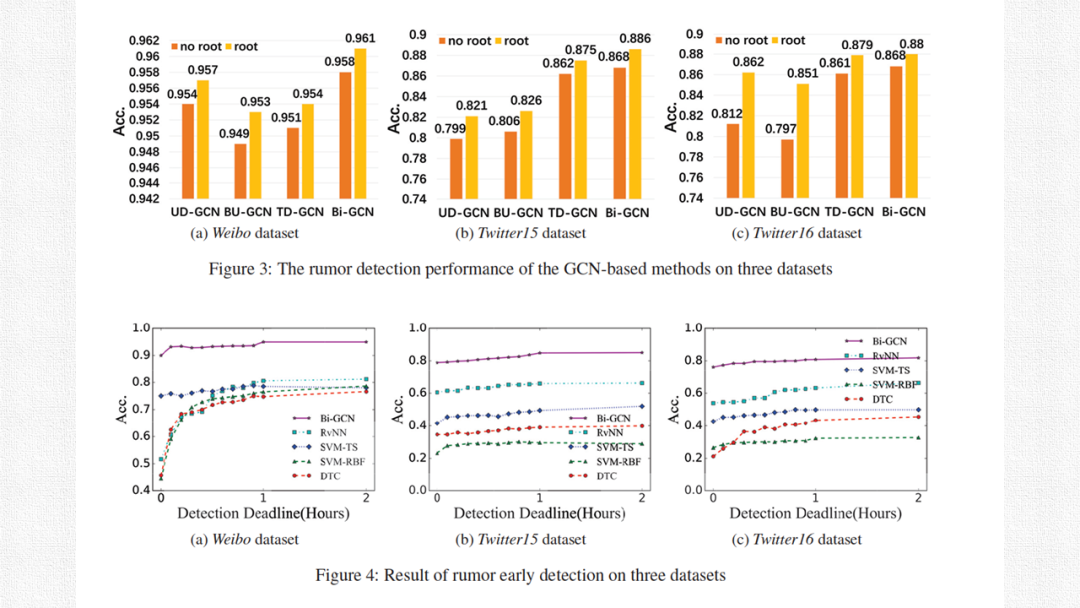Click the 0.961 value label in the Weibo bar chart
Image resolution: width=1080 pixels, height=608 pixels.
point(359,38)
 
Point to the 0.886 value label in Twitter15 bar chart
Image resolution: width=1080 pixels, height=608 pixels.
point(634,39)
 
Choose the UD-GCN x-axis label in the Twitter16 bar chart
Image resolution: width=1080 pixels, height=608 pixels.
point(741,212)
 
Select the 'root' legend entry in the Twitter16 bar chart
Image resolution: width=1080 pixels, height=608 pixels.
point(787,41)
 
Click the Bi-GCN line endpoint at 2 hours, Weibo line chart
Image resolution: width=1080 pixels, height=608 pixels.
point(366,342)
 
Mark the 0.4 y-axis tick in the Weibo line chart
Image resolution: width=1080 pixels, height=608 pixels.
point(141,490)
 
